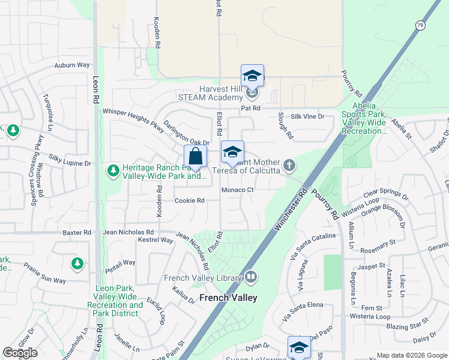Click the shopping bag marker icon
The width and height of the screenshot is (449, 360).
[x=195, y=157]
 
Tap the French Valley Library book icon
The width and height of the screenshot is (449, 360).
[x=251, y=277]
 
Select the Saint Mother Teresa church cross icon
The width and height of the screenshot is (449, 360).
[x=289, y=165]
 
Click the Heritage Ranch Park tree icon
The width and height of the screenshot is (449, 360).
[x=113, y=172]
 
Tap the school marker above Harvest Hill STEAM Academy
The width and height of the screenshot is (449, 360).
[x=252, y=76]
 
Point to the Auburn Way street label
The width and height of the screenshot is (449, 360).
[x=71, y=65]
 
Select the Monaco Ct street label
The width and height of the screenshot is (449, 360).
[x=238, y=190]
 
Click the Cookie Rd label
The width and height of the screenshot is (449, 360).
[x=189, y=200]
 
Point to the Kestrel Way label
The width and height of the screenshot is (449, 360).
[x=155, y=241]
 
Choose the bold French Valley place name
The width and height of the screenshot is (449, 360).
[x=228, y=298]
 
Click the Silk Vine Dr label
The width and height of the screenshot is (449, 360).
[x=308, y=117]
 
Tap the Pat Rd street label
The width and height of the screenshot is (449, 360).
[x=250, y=109]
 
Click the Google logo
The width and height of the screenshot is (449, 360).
[x=20, y=353]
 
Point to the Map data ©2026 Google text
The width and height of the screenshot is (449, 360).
[x=411, y=355]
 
